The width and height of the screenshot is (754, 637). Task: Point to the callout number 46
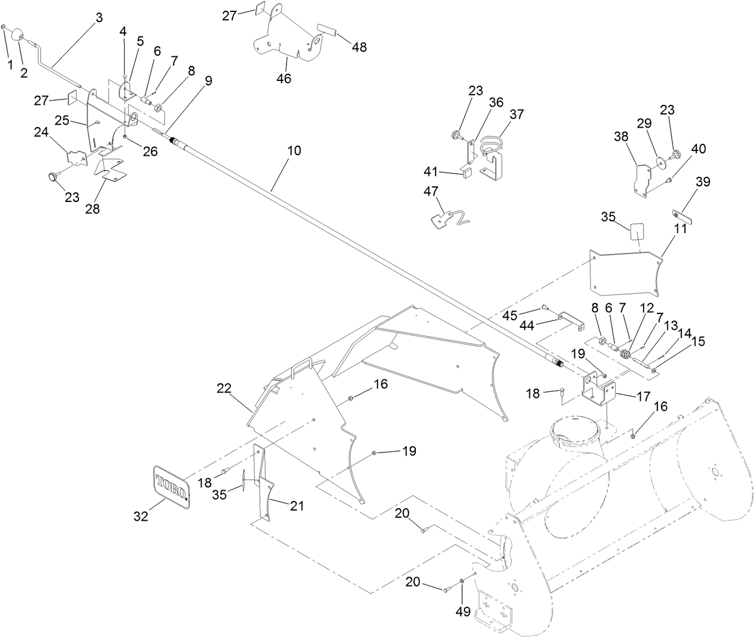284,79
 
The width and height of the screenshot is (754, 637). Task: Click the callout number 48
360,47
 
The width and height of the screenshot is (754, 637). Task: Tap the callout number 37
517,114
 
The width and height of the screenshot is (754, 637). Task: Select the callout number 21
297,506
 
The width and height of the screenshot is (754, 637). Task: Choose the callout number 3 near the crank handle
99,17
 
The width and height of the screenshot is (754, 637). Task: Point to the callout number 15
698,341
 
